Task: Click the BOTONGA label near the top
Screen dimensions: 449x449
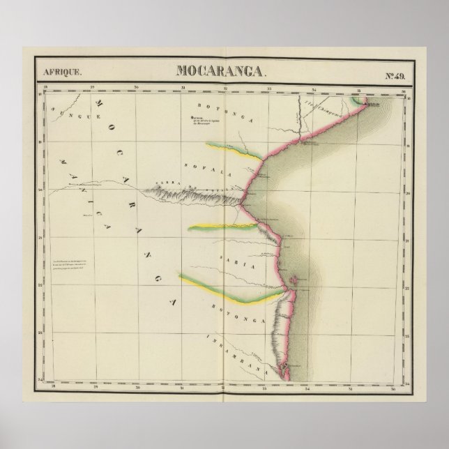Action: [x=215, y=107]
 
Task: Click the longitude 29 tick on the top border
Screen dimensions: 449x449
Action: [x=91, y=88]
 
